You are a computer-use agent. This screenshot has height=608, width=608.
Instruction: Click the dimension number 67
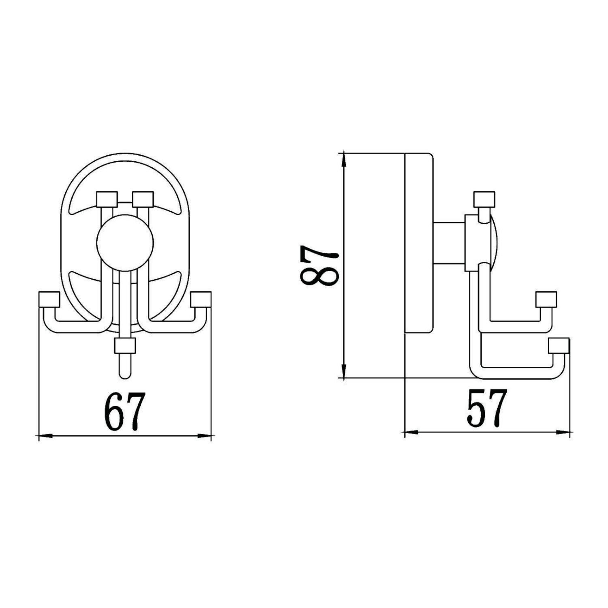point(124,411)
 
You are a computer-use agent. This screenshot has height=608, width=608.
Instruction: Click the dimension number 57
point(486,408)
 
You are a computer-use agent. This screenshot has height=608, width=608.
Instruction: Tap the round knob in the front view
point(125,243)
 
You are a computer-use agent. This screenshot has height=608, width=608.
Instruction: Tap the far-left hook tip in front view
point(49,299)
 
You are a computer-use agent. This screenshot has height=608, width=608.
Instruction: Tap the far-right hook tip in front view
point(201,299)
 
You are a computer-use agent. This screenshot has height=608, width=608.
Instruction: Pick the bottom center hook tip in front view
point(125,346)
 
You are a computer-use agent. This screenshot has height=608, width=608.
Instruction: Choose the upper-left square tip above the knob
point(107,199)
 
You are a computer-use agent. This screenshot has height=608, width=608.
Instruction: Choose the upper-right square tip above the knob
point(143,199)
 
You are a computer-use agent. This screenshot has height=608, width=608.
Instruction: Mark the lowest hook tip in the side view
point(559,346)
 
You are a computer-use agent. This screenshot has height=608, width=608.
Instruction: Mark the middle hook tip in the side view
point(546,299)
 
